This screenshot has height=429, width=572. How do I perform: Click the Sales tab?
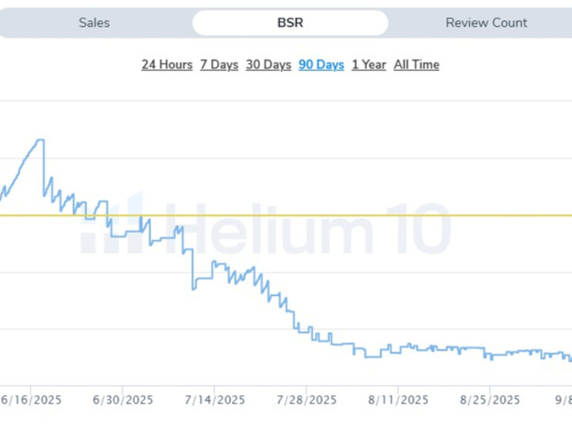[94, 23]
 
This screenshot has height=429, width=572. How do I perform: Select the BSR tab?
[291, 23]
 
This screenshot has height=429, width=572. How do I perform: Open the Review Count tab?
[486, 23]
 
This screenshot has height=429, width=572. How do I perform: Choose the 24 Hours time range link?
[167, 65]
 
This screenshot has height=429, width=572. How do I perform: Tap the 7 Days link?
[219, 65]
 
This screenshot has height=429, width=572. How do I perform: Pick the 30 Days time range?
[268, 65]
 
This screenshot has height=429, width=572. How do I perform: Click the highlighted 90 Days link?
[321, 65]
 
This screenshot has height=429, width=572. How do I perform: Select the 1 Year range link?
[369, 65]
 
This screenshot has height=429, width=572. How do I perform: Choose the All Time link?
[416, 65]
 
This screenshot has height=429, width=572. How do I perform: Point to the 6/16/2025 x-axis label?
[31, 400]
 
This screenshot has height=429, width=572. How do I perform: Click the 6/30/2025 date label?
[122, 400]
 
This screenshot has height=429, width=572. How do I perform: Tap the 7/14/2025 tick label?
[214, 400]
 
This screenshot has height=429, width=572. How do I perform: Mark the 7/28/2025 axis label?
[307, 400]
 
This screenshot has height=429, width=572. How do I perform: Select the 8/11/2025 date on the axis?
[398, 400]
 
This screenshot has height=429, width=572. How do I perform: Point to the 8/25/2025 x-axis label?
[490, 400]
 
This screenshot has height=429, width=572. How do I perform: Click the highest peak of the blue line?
[41, 140]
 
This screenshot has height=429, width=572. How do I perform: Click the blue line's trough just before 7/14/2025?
[194, 289]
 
